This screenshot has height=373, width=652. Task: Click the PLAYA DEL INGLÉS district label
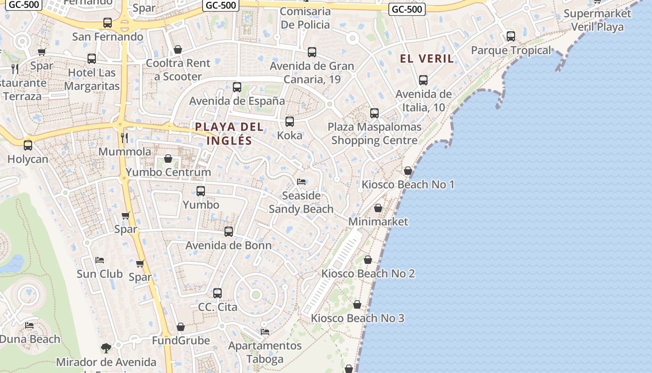point(229,133)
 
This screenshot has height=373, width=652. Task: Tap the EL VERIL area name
point(427,59)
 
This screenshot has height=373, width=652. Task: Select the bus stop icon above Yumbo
point(201,191)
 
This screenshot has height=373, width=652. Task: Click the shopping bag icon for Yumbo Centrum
point(168,159)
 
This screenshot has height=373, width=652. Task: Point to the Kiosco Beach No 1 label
point(407,185)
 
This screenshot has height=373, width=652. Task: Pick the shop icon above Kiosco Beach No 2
point(368,260)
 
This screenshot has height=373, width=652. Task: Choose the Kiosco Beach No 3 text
point(357,318)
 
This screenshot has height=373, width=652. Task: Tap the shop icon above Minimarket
point(378,208)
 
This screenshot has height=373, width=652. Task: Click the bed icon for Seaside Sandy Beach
point(301,181)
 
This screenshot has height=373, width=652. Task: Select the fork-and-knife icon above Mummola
point(124,138)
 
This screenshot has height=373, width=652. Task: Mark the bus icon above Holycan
point(28,145)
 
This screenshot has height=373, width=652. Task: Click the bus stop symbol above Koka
point(290,122)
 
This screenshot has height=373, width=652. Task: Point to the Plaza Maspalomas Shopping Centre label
point(374,133)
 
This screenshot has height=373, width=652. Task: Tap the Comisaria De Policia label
point(306,18)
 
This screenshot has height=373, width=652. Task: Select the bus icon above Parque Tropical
point(511,36)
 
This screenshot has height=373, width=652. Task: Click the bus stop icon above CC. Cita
point(217,293)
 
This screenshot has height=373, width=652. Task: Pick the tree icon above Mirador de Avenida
point(106,348)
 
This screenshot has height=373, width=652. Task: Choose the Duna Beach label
point(30,339)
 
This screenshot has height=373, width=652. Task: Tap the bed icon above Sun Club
point(100,260)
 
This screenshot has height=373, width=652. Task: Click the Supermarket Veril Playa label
point(597,20)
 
